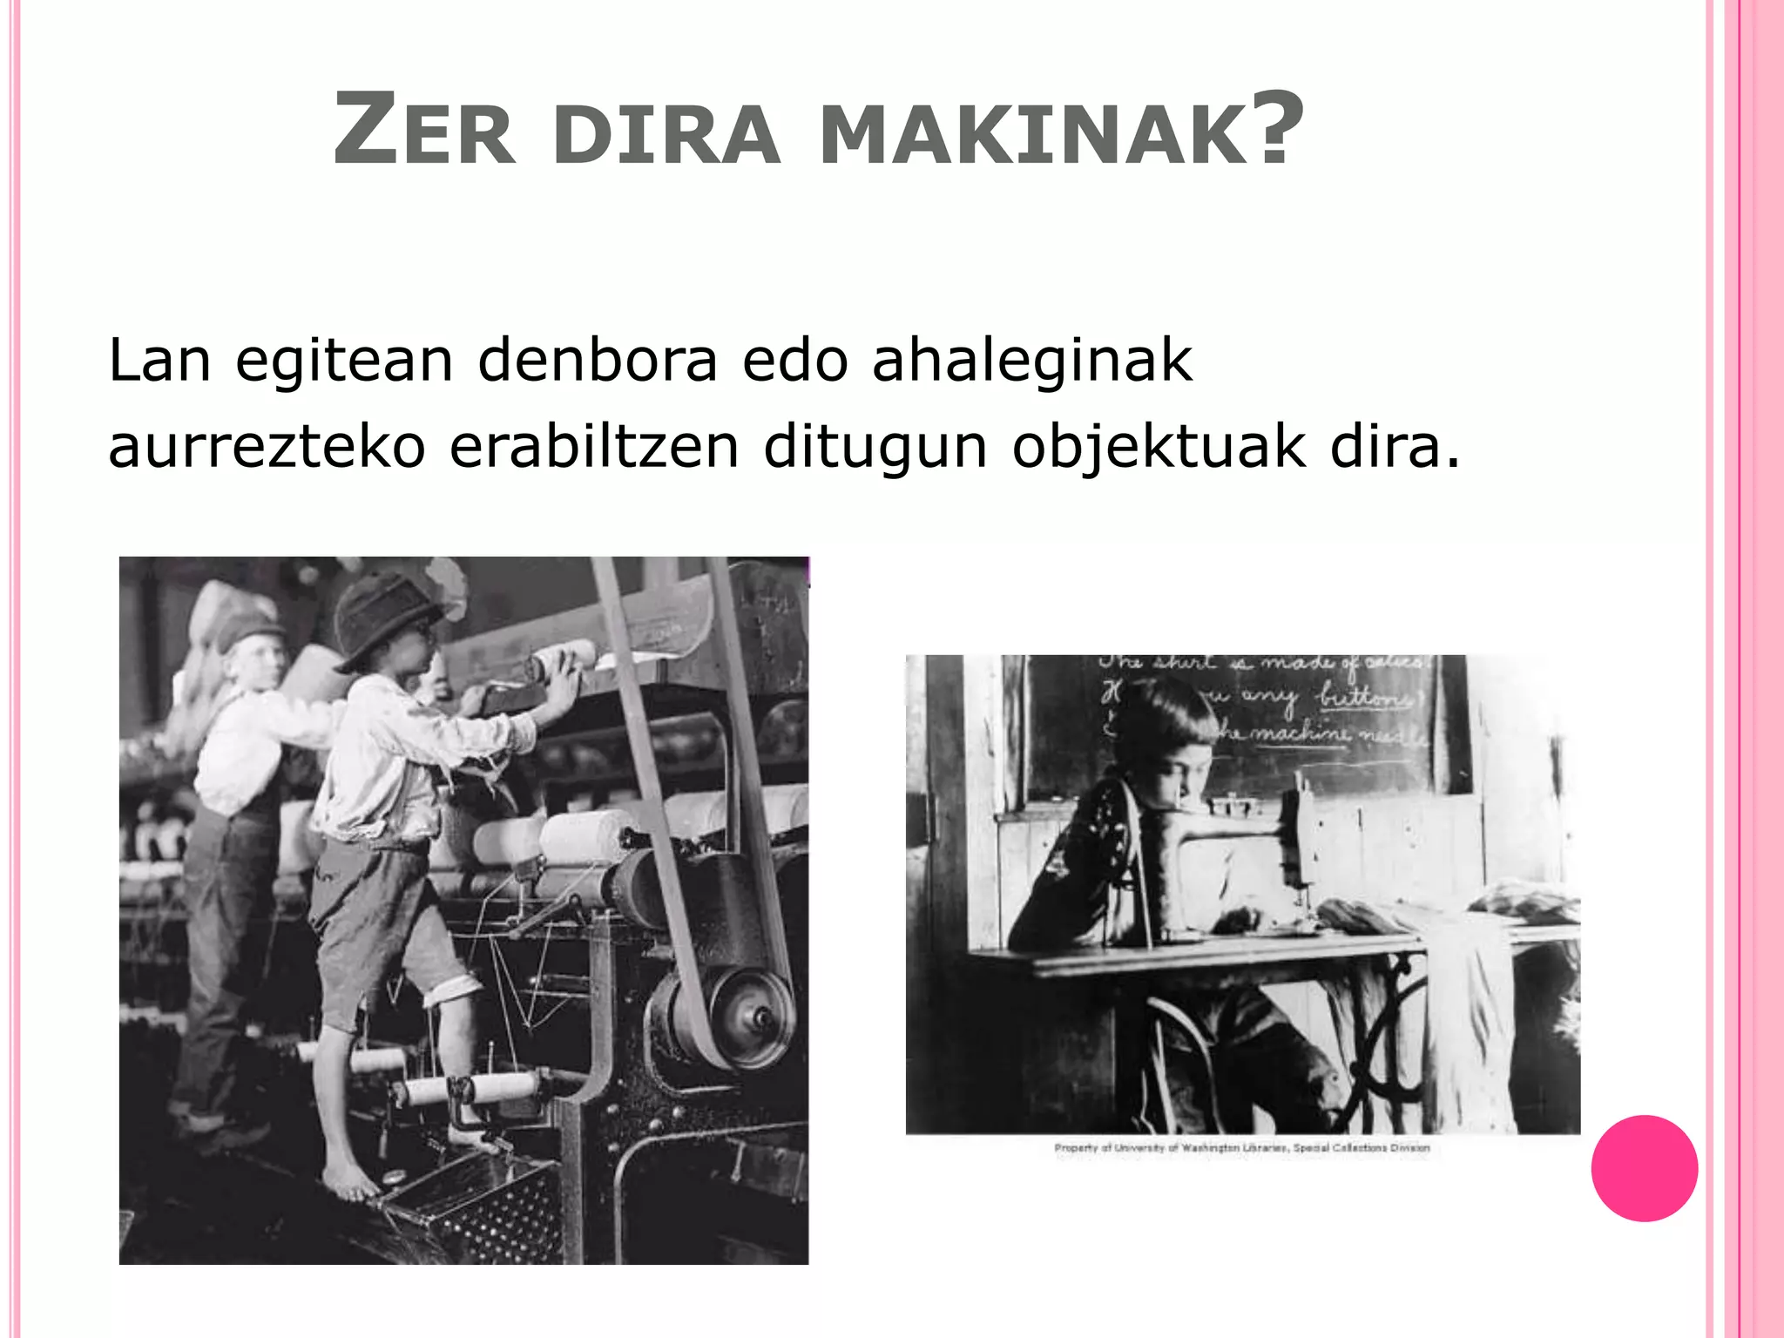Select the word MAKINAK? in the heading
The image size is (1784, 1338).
[x=1061, y=131]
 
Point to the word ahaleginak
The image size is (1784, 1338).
[x=1032, y=362]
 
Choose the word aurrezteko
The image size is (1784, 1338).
[x=267, y=447]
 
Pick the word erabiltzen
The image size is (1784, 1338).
[x=594, y=447]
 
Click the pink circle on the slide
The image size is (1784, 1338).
[x=1644, y=1168]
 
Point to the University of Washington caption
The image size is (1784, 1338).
[x=1242, y=1148]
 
